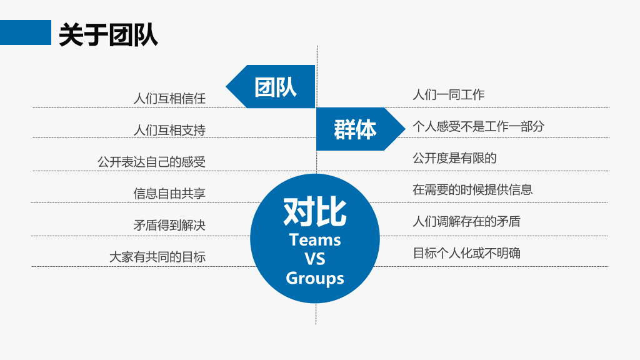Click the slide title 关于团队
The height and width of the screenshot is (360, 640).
coord(108,35)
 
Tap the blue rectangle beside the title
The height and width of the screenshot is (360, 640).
coord(25,32)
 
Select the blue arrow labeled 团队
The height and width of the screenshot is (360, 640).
coord(271,86)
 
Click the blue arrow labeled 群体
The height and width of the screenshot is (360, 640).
coord(361,129)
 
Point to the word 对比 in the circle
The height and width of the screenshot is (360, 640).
coord(315,212)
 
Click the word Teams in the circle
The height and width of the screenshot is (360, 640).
coord(315,240)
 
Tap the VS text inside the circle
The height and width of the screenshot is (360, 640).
coord(315,259)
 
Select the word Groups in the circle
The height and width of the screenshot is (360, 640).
coord(315,278)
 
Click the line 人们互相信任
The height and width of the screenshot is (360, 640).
coord(169,98)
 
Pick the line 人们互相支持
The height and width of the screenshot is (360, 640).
coord(169,130)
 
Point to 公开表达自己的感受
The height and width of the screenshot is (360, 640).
coord(151,162)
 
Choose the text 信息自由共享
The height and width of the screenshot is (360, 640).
coord(169,194)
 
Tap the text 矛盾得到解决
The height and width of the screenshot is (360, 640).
coord(169,225)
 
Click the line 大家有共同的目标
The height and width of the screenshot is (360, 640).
coord(157,257)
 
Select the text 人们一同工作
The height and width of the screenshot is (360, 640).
coord(449,95)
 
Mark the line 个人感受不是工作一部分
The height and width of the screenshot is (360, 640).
coord(478,126)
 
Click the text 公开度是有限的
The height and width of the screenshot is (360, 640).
coord(455,158)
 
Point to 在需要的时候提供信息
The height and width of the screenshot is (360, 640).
coord(472,190)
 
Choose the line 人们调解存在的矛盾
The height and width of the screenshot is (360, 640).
coord(466,221)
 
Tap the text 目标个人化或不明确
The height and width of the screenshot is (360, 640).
coord(466,253)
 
